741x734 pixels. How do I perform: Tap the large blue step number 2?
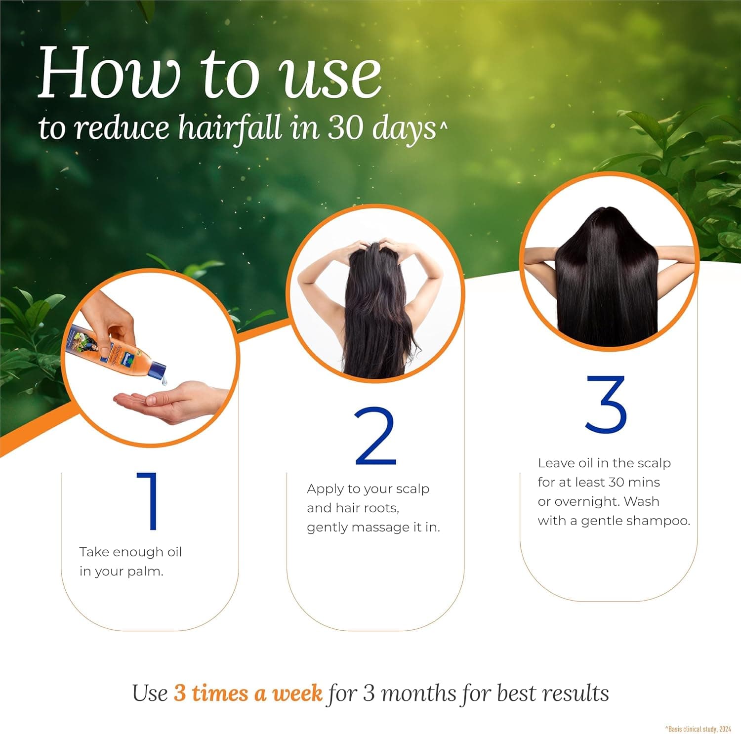click(375, 437)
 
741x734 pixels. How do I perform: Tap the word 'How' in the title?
click(109, 74)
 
